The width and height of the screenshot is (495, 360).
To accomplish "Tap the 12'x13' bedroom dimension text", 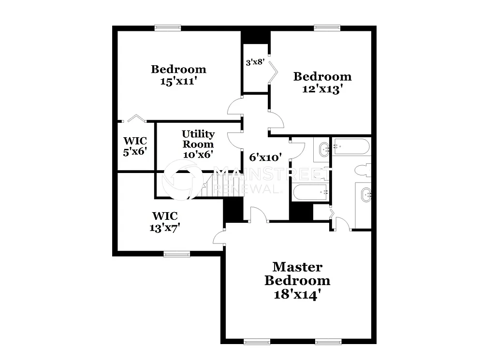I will pyautogui.click(x=322, y=89).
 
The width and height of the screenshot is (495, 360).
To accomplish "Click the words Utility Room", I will pyautogui.click(x=198, y=139).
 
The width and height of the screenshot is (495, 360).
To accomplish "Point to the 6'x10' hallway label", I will pyautogui.click(x=265, y=157).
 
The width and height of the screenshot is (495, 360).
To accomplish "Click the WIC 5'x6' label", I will pyautogui.click(x=135, y=146).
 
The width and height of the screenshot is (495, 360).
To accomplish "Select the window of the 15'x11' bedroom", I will pyautogui.click(x=168, y=28).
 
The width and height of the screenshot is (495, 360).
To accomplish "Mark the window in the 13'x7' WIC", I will pyautogui.click(x=176, y=254).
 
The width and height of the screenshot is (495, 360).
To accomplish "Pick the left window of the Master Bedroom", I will pyautogui.click(x=257, y=342).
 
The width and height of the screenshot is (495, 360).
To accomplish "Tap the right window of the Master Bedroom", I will pyautogui.click(x=329, y=342).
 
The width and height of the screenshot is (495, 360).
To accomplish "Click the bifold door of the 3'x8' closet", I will pyautogui.click(x=274, y=73).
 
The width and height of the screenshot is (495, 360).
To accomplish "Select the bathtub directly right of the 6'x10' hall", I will pyautogui.click(x=310, y=192).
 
